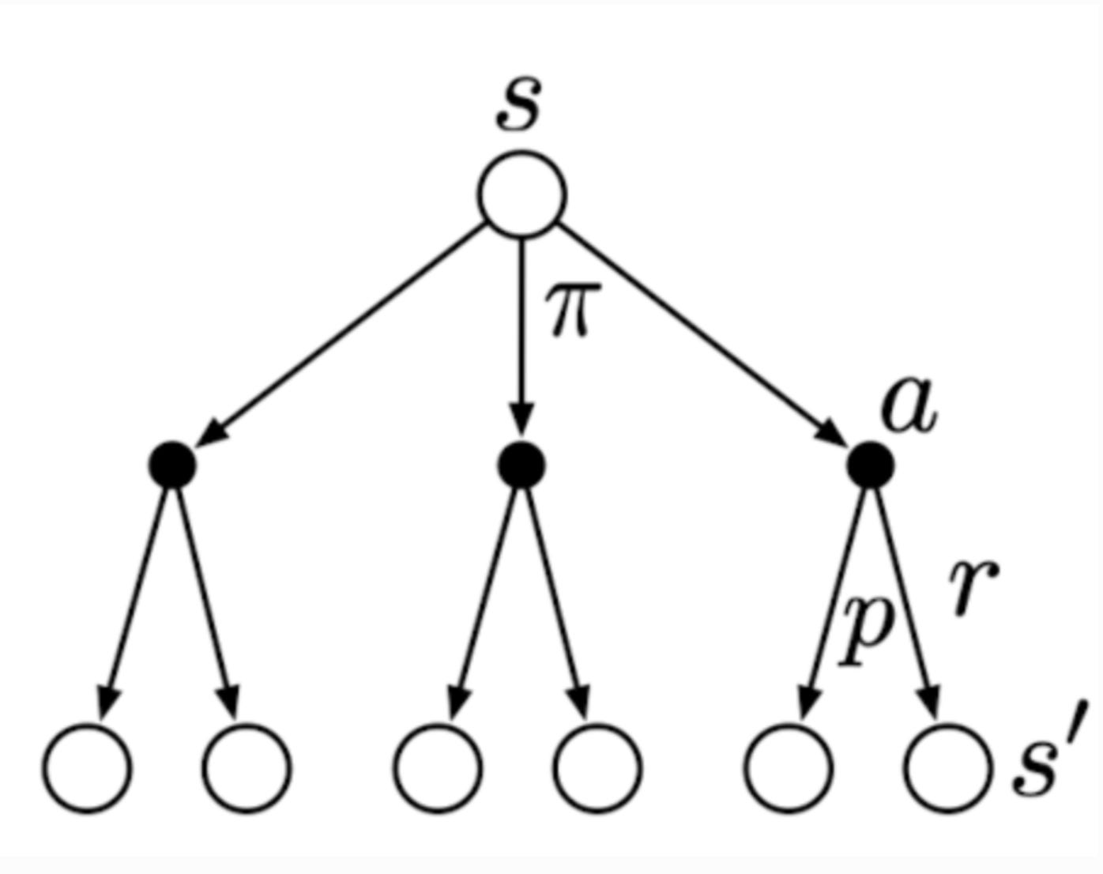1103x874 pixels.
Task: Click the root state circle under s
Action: pyautogui.click(x=521, y=194)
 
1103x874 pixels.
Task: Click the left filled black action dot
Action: pyautogui.click(x=172, y=465)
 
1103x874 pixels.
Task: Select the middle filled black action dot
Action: pyautogui.click(x=521, y=465)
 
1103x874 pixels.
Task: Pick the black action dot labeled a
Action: pyautogui.click(x=871, y=465)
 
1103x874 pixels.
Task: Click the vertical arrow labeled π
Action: pyautogui.click(x=521, y=332)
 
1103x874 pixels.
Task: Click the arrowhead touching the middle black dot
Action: pyautogui.click(x=521, y=420)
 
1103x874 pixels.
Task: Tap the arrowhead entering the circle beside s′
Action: pyautogui.click(x=931, y=701)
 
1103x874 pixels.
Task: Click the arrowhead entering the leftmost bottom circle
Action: pyautogui.click(x=107, y=701)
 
